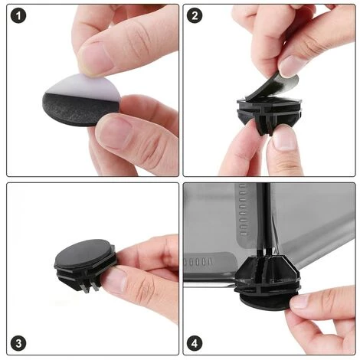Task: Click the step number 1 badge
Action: click(18, 15)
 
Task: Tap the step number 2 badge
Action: click(195, 15)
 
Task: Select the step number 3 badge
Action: click(18, 343)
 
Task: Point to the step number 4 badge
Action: click(195, 343)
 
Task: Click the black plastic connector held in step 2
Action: click(269, 113)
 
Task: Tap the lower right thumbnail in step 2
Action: click(284, 139)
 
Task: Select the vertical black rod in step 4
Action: click(263, 221)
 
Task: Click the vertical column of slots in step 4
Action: click(243, 209)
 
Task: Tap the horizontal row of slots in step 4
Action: click(198, 262)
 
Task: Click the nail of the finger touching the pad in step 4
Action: click(301, 301)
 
